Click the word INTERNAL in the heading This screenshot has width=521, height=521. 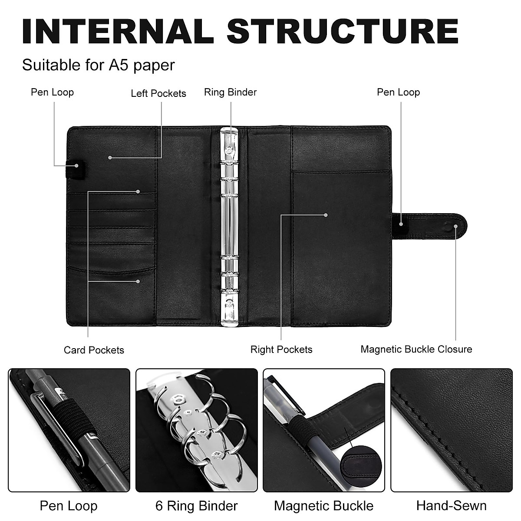pyautogui.click(x=118, y=31)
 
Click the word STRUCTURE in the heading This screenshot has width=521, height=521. pyautogui.click(x=343, y=31)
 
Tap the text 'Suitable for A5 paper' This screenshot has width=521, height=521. pyautogui.click(x=99, y=66)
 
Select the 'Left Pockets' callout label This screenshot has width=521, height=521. pyautogui.click(x=158, y=93)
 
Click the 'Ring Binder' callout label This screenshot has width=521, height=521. pyautogui.click(x=231, y=92)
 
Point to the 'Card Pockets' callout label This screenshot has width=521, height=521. pyautogui.click(x=94, y=350)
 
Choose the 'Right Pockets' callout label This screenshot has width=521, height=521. pyautogui.click(x=281, y=350)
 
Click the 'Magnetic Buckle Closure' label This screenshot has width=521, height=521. pyautogui.click(x=416, y=350)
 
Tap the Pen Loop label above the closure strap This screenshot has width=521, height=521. pyautogui.click(x=399, y=92)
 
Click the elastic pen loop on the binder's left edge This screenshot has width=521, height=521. pyautogui.click(x=75, y=169)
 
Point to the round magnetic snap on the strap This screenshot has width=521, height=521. pyautogui.click(x=449, y=227)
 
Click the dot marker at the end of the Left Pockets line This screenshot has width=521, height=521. pyautogui.click(x=110, y=158)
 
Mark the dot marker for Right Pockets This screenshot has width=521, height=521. pyautogui.click(x=326, y=215)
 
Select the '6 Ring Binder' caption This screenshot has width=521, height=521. pyautogui.click(x=197, y=506)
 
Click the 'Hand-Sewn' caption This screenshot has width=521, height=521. pyautogui.click(x=451, y=506)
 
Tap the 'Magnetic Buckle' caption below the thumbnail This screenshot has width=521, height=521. pyautogui.click(x=323, y=506)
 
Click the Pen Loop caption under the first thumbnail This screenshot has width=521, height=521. pyautogui.click(x=69, y=506)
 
